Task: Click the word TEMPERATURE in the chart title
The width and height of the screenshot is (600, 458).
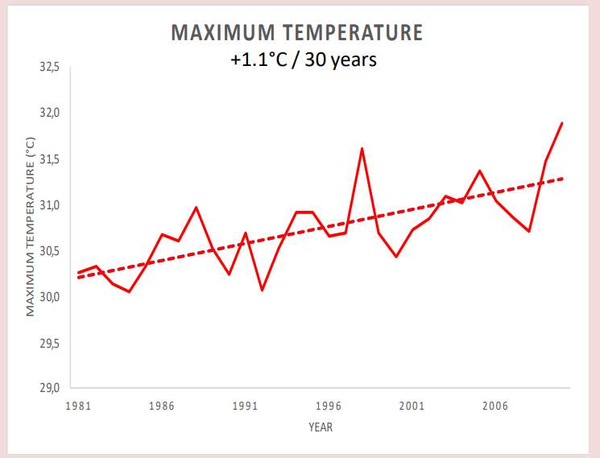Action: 354,33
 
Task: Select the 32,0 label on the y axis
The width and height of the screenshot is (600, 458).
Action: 50,113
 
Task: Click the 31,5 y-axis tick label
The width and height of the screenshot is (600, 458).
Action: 50,159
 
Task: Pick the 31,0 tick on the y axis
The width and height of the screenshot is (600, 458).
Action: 50,205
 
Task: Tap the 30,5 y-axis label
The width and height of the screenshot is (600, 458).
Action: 50,251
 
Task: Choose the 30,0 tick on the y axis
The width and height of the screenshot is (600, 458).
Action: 50,297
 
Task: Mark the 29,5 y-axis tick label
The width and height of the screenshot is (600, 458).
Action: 50,343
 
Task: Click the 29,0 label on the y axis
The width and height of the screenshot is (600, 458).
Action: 50,388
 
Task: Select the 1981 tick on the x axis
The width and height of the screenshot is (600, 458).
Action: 79,406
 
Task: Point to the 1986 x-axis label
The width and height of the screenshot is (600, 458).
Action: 162,406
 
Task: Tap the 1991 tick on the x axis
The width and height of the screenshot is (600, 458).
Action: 245,406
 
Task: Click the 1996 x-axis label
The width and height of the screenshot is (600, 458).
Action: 329,406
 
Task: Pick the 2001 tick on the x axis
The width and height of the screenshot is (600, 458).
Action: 412,406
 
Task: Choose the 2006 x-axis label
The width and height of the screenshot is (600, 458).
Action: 494,406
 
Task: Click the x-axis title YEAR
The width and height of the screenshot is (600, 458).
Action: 320,427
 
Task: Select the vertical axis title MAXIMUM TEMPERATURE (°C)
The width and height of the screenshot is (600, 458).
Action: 31,228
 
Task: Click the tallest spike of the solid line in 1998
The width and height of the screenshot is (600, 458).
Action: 362,149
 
